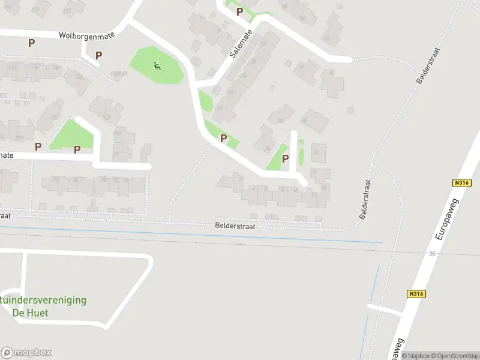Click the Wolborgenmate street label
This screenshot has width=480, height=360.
click(86, 35)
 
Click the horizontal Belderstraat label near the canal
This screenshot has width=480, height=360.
click(235, 226)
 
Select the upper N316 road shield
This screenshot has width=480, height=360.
click(461, 183)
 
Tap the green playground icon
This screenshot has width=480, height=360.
click(157, 66)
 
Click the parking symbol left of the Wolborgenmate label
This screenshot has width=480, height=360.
click(31, 43)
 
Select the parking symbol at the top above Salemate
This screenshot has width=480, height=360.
click(239, 11)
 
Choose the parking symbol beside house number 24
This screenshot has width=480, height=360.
click(285, 158)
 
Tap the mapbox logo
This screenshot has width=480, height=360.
click(26, 353)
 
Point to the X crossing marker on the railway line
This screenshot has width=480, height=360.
click(432, 253)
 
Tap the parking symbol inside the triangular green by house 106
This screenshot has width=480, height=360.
click(77, 149)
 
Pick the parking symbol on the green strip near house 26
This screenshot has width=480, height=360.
click(223, 138)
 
